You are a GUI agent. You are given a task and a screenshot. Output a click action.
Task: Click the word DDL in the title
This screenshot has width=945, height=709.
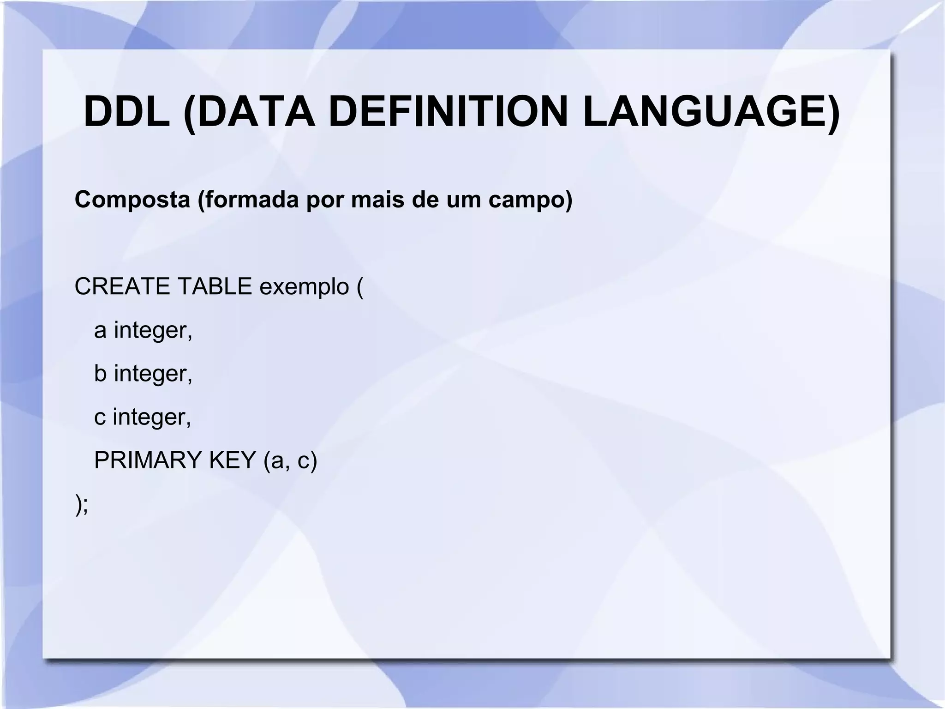click(x=127, y=112)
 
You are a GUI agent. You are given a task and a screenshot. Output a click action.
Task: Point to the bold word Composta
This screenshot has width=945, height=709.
click(x=132, y=200)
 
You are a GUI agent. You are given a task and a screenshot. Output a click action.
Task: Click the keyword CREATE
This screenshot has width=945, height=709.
click(x=122, y=286)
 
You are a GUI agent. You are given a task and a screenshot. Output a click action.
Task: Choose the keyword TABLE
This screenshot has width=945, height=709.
click(x=215, y=286)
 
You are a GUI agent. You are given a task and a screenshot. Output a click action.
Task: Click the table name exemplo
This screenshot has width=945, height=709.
click(x=304, y=287)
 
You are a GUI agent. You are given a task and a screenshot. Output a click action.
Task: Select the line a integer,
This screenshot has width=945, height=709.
click(x=143, y=331)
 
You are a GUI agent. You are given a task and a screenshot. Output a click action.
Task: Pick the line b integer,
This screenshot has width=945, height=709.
click(x=143, y=374)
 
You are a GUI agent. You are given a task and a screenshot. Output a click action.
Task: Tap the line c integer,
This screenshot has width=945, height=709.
click(x=143, y=417)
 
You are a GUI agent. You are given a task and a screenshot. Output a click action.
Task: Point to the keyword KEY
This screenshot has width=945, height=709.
click(x=233, y=460)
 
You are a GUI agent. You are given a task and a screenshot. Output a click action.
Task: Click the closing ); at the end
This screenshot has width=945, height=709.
click(x=81, y=504)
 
